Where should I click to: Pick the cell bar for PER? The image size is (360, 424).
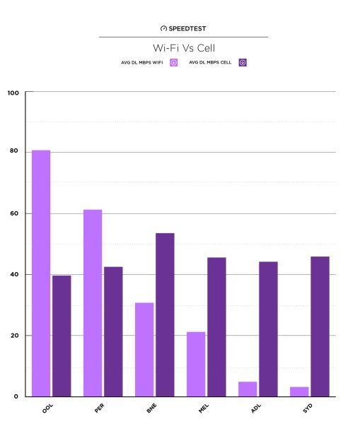113,331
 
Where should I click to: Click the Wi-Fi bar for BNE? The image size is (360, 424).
144,349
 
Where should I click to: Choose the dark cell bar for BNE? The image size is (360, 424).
165,314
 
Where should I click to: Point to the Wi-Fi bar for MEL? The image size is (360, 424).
196,364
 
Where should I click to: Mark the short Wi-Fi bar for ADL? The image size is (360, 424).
248,389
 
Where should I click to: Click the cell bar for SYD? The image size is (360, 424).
320,326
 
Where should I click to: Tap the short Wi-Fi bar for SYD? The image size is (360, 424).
299,391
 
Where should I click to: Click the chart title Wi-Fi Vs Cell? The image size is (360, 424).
183,47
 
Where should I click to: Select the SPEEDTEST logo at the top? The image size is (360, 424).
183,28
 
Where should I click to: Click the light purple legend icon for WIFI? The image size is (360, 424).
173,62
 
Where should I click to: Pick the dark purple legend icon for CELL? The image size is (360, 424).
243,62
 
